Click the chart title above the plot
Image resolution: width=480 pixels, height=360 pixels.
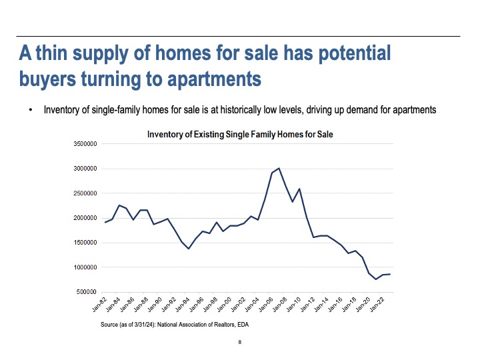click(240, 135)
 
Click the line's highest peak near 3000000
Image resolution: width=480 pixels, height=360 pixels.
click(279, 169)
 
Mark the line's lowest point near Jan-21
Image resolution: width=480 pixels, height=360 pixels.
click(376, 279)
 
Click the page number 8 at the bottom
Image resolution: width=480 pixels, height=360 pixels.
click(239, 343)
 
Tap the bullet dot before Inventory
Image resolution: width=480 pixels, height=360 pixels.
click(31, 111)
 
